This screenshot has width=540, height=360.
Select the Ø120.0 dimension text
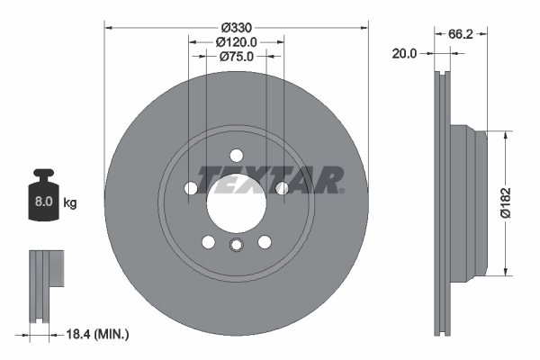tap(237, 41)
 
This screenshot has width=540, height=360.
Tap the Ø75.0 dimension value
tap(237, 56)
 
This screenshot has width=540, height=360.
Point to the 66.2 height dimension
tap(460, 33)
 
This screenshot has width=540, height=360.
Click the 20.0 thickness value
tap(406, 54)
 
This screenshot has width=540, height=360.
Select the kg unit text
tap(70, 203)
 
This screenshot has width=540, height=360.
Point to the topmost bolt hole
tap(237, 155)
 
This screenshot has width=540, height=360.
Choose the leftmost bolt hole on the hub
tap(192, 188)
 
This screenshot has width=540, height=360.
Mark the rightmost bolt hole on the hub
tap(282, 188)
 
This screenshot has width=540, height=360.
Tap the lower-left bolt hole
tap(209, 241)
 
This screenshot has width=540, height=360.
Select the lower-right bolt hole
tap(265, 241)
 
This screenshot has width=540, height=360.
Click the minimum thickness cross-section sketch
tap(44, 288)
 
